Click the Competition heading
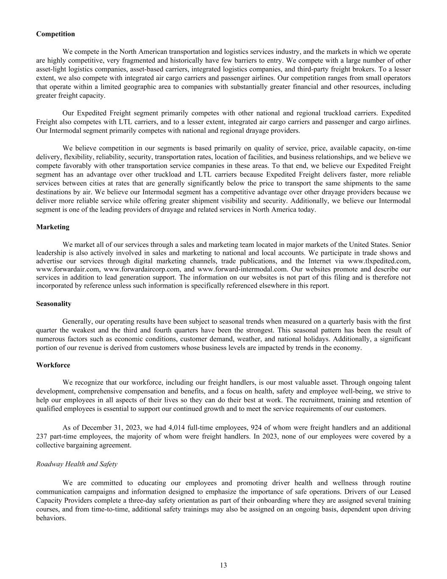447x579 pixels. [x=56, y=34]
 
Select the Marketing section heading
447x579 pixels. [x=53, y=227]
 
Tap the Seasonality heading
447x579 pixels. [x=54, y=304]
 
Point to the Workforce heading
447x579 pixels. [x=53, y=365]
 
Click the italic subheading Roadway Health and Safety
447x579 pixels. [x=77, y=464]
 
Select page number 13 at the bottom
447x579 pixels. [x=223, y=565]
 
